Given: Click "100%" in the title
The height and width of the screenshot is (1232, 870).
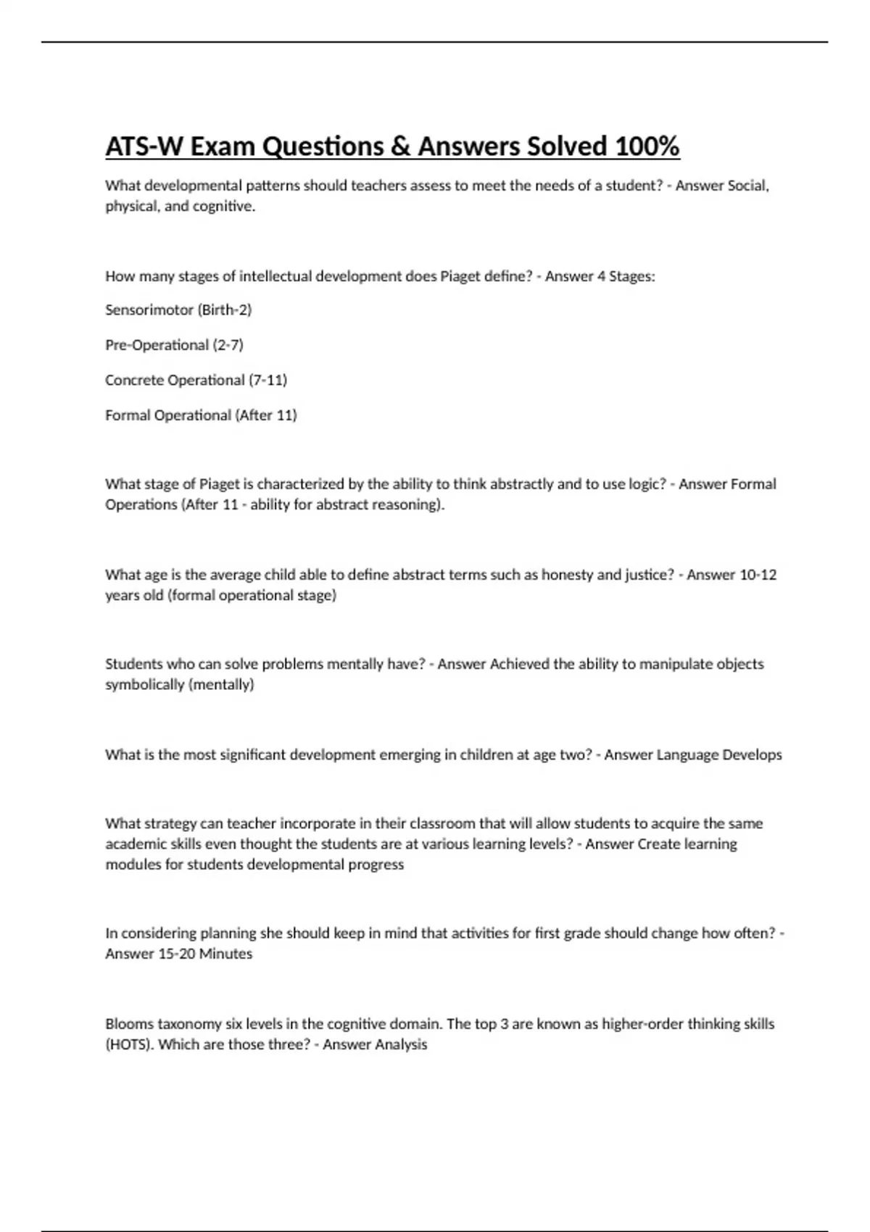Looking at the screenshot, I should (647, 147).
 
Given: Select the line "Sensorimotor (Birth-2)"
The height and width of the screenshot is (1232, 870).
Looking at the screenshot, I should (178, 310).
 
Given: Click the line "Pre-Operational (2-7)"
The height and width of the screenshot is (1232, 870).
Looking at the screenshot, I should (174, 345).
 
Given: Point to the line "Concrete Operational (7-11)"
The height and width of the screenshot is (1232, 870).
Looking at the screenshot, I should (196, 380).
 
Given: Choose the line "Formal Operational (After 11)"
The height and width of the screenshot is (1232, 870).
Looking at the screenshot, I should (201, 415).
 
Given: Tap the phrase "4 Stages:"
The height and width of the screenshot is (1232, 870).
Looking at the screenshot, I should (626, 277).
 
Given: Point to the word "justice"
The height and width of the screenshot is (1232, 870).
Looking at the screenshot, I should (648, 575).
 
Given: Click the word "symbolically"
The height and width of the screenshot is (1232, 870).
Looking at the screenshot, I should (144, 685).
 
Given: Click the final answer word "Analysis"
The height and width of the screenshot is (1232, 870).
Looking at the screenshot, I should (401, 1045).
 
